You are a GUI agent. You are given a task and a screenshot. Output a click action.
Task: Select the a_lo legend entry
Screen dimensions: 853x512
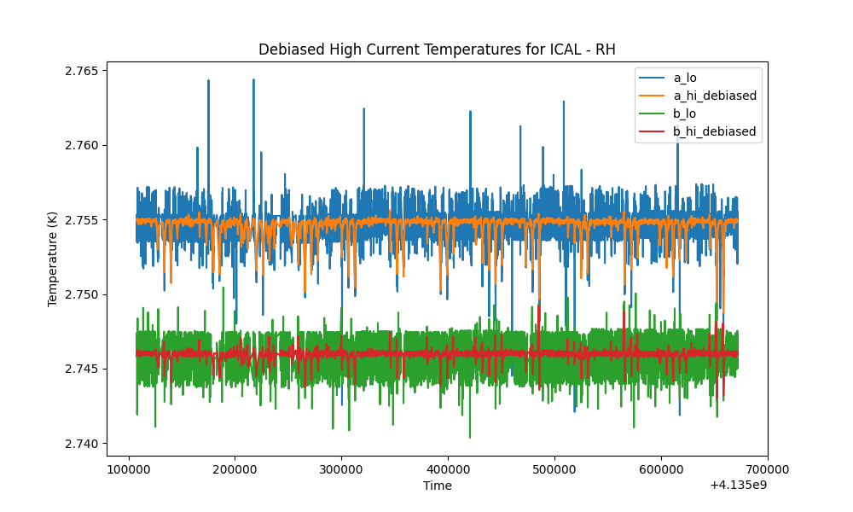[685, 78]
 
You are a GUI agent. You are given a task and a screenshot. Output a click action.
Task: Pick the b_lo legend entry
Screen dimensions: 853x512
[684, 113]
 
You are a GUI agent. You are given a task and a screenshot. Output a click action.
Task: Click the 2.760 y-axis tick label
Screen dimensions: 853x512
[82, 146]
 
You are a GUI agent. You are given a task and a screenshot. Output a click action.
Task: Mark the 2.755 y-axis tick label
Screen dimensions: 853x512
[82, 220]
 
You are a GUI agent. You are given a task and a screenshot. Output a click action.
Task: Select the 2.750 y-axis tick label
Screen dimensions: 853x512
[82, 295]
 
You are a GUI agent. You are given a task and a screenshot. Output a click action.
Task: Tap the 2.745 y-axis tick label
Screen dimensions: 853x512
[82, 369]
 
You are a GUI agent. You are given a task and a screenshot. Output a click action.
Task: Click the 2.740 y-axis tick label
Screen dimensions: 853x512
[82, 444]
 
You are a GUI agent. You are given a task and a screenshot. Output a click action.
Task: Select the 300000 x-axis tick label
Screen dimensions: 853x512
[342, 469]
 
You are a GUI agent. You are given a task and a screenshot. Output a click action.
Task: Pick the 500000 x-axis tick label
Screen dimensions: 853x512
[555, 469]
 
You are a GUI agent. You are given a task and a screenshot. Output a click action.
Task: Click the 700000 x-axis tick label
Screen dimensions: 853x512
[768, 469]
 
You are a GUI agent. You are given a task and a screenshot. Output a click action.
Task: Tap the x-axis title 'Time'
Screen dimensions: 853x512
[438, 486]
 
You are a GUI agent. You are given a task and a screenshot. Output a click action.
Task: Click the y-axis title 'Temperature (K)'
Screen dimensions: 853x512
[52, 259]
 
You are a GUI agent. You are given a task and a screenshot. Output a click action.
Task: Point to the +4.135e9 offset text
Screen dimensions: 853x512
[738, 485]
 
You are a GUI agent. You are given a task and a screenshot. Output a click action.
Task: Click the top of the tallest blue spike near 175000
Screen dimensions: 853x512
[208, 80]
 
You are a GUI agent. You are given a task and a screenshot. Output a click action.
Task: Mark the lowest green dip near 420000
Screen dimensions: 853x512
[470, 437]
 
